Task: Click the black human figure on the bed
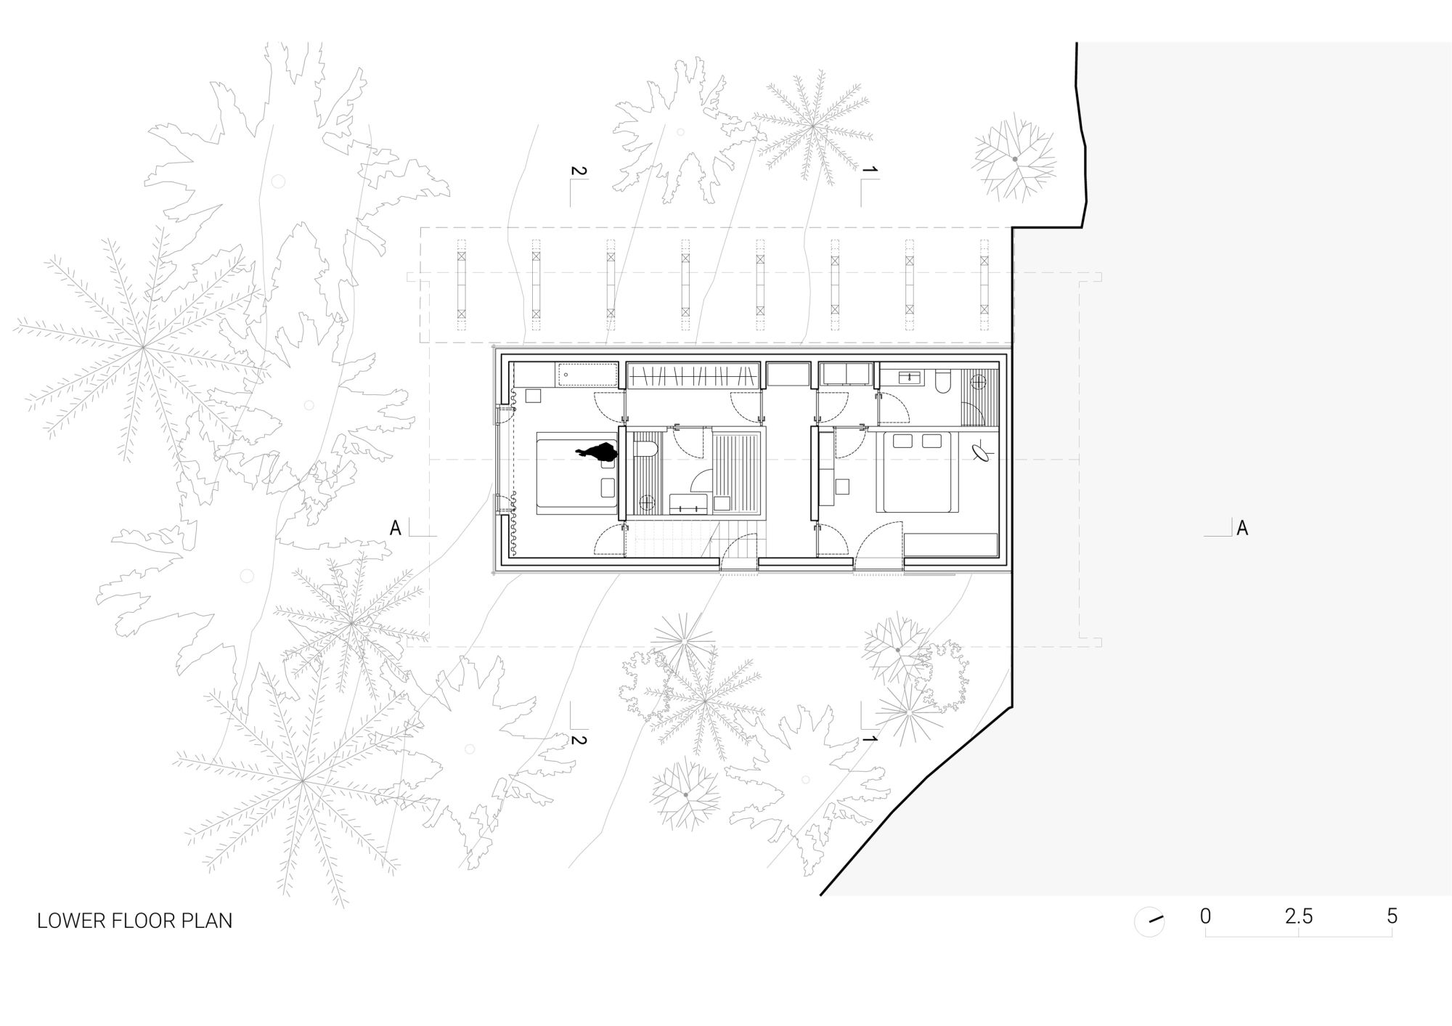point(597,452)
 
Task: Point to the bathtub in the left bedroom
point(587,375)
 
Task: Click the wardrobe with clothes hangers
point(693,375)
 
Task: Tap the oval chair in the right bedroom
point(983,453)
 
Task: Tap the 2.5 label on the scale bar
point(1299,916)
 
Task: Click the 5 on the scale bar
point(1392,916)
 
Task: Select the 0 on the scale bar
point(1206,916)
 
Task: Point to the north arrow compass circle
point(1149,922)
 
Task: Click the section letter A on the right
point(1242,528)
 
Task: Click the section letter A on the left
point(395,528)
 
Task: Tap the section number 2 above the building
point(579,171)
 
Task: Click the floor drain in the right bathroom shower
point(979,380)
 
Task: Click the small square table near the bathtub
point(534,396)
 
